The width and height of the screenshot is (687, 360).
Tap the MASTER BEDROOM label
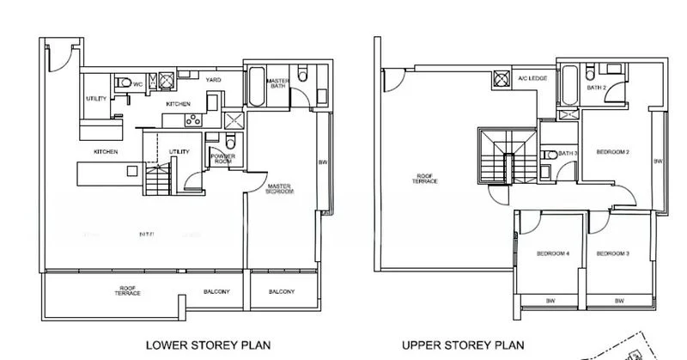[281, 189]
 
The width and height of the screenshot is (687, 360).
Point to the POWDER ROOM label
[222, 158]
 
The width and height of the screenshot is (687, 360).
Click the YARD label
[213, 80]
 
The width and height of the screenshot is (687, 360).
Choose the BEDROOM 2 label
[615, 152]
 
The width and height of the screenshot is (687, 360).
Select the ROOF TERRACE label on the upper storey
[424, 179]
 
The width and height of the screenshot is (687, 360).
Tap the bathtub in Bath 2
[569, 86]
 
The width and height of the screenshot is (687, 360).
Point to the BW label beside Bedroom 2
[658, 162]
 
